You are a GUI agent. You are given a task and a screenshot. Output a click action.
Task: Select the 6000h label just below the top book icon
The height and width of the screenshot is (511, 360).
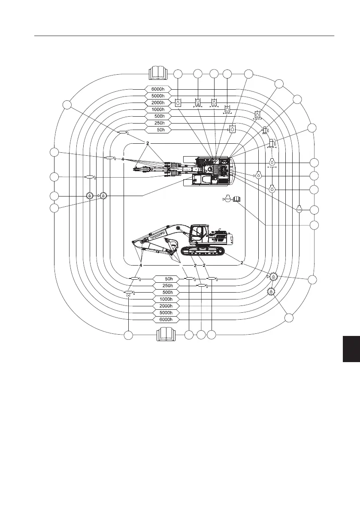[x=158, y=89]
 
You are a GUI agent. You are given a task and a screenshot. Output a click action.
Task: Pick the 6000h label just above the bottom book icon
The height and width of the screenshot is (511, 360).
[x=165, y=320]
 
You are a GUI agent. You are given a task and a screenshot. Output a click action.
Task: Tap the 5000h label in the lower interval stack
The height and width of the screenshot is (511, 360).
[x=165, y=313]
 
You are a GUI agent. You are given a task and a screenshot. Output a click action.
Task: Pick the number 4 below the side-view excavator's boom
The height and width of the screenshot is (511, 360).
[x=140, y=266]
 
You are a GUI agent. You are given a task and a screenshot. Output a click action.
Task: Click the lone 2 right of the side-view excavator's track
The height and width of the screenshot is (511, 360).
[x=242, y=263]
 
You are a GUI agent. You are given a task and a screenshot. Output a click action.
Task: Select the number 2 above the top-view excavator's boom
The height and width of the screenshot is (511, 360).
[x=147, y=143]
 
